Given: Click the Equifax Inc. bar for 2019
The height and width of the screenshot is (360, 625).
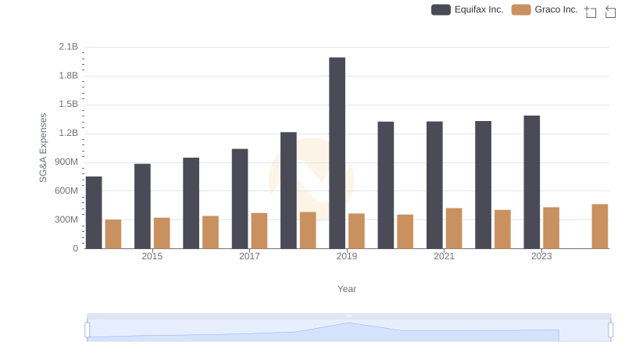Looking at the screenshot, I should click(x=337, y=153).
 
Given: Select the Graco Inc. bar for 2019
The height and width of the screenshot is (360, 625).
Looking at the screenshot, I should click(x=356, y=231).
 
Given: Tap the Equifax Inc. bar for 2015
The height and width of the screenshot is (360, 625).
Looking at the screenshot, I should click(x=142, y=206).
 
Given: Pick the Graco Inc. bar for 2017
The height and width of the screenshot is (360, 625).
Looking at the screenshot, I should click(x=259, y=231).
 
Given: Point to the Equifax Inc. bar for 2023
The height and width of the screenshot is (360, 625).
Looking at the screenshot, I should click(x=532, y=182).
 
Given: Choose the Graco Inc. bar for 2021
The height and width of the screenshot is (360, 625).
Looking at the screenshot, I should click(x=454, y=228).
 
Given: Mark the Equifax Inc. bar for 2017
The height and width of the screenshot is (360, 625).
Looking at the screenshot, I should click(x=240, y=198).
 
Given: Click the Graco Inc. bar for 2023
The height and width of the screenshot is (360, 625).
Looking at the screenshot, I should click(x=552, y=228).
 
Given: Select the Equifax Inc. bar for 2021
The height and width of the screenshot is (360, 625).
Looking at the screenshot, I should click(x=434, y=185).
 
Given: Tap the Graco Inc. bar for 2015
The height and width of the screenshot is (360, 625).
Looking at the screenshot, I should click(x=162, y=233).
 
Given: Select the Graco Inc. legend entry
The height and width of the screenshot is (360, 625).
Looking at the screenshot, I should click(x=545, y=9).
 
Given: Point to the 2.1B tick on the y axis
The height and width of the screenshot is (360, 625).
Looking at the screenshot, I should click(x=69, y=47).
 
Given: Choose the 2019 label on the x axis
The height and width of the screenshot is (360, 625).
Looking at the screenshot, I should click(x=347, y=256).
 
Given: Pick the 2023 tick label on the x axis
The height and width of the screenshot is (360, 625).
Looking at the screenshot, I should click(x=541, y=256).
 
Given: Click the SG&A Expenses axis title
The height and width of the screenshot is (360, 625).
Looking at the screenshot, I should click(x=44, y=148).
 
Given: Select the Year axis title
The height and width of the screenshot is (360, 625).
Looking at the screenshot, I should click(x=347, y=289).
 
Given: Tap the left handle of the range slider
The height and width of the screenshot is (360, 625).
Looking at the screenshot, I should click(x=87, y=330).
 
